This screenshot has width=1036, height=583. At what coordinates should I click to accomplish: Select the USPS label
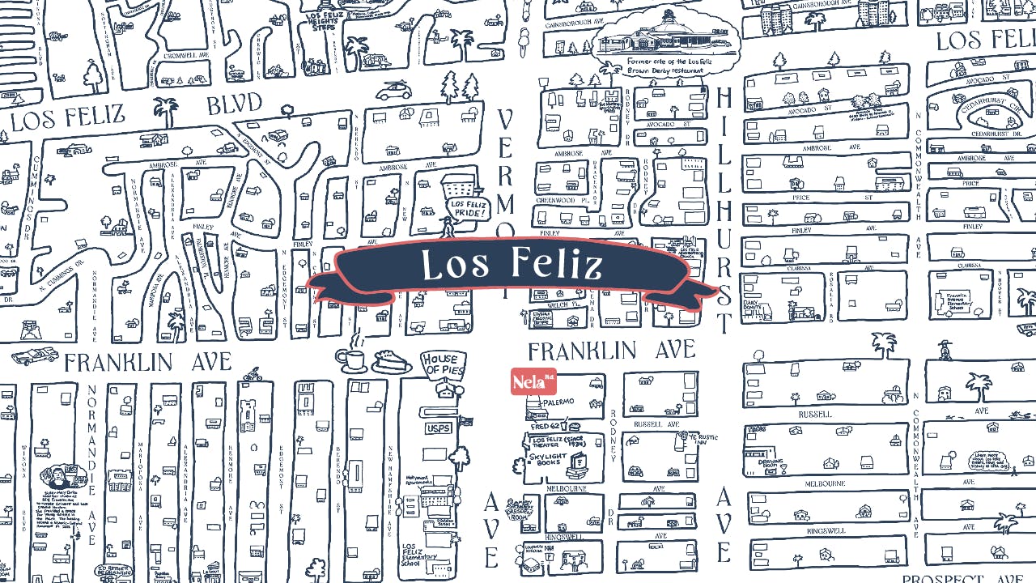point(438,428)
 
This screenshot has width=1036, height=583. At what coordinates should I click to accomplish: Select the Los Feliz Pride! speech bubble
point(468,210)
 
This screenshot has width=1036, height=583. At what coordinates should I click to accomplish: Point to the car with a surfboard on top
point(393,91)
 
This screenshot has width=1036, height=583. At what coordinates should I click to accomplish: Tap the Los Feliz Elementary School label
point(419,555)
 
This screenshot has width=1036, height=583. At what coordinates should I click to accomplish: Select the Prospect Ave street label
point(962,578)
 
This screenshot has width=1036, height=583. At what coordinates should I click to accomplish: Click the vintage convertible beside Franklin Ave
point(34,355)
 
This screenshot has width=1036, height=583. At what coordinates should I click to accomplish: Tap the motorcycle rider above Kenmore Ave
point(253,374)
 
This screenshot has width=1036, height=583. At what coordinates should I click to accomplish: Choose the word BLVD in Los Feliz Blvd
point(234,105)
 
